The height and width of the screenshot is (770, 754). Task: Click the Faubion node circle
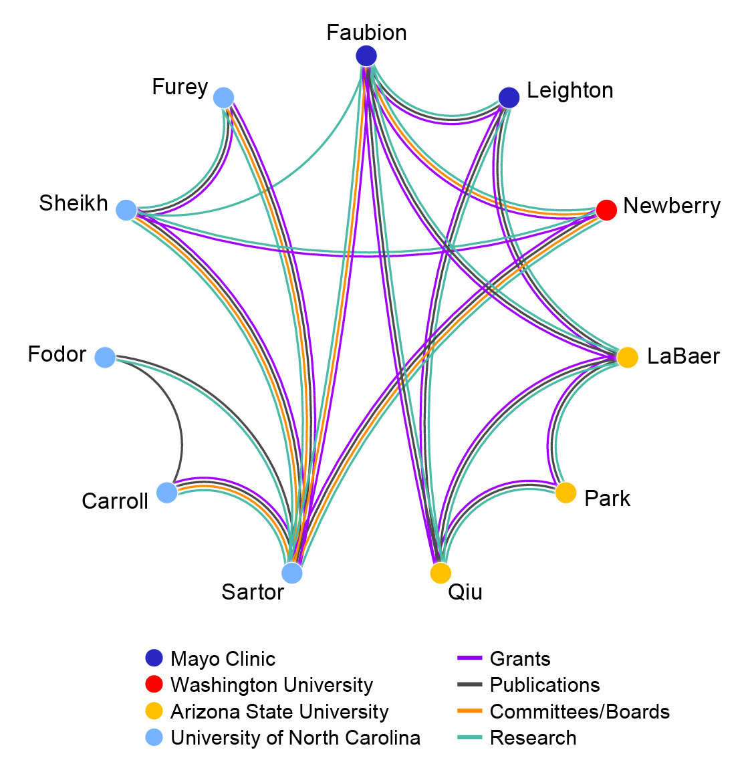point(366,56)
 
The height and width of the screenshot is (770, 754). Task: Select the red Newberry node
point(606,210)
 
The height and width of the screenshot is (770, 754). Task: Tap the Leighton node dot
point(509,98)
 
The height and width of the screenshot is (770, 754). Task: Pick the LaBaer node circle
point(627,357)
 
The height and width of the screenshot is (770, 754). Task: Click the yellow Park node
point(565,493)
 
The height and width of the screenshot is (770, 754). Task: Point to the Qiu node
point(441,573)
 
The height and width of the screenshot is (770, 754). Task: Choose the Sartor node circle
point(292,573)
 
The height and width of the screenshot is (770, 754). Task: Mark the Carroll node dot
point(167,493)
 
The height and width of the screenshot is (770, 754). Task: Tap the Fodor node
point(105,357)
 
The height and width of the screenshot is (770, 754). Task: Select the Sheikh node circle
point(126,210)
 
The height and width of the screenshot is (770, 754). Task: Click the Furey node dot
point(223,98)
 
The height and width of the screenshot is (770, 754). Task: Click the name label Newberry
point(672,207)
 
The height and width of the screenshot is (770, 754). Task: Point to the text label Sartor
point(253,592)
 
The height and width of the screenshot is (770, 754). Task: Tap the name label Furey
point(180,88)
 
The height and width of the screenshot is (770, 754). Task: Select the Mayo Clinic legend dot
point(154,658)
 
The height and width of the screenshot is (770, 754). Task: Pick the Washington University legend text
point(271,685)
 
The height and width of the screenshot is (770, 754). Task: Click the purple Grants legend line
point(469,658)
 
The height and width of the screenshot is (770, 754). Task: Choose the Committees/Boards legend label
point(580,712)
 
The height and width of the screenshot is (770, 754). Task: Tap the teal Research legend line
point(469,738)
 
